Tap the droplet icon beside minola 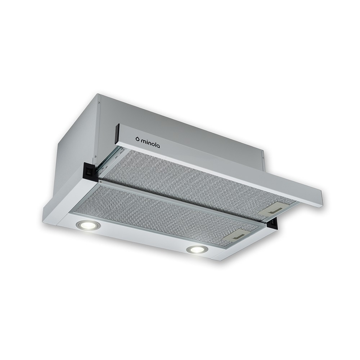click(137, 139)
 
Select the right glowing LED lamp click(198, 249)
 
